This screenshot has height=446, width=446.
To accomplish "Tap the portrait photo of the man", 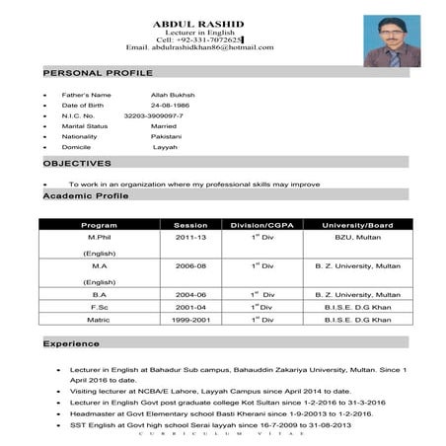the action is [391, 40].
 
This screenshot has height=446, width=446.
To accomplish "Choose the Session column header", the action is [190, 225].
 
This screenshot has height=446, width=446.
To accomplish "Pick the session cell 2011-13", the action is [190, 238].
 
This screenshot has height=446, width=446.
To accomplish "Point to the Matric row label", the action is [99, 319].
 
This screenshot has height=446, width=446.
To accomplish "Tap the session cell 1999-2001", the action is [190, 319].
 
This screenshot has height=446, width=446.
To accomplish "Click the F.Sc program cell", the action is [99, 307].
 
